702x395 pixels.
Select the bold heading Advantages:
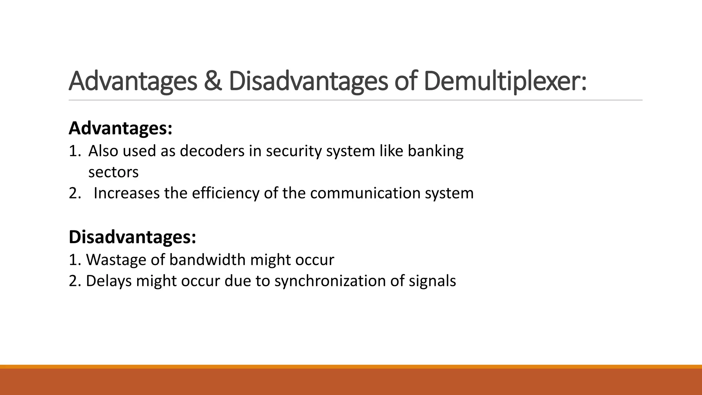point(120,128)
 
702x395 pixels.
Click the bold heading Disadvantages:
point(132,237)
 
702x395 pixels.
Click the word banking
point(435,151)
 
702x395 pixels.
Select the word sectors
point(113,172)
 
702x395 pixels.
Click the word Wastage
point(116,260)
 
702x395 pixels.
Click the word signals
point(432,281)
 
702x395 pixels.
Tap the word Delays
point(109,281)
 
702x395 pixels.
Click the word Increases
point(126,193)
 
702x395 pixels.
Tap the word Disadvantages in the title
point(308,81)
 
